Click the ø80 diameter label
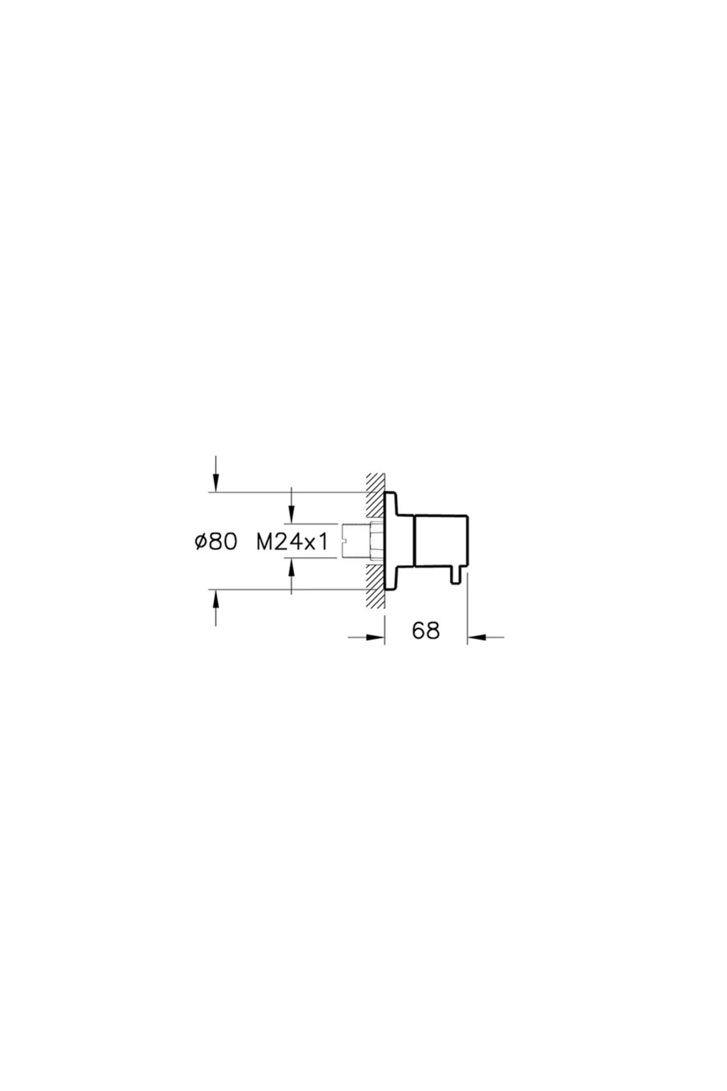(215, 542)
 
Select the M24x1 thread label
(292, 542)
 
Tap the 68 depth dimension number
(425, 630)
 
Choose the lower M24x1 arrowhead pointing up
(292, 566)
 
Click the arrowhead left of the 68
(376, 636)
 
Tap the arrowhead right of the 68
(476, 636)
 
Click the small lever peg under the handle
(456, 575)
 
